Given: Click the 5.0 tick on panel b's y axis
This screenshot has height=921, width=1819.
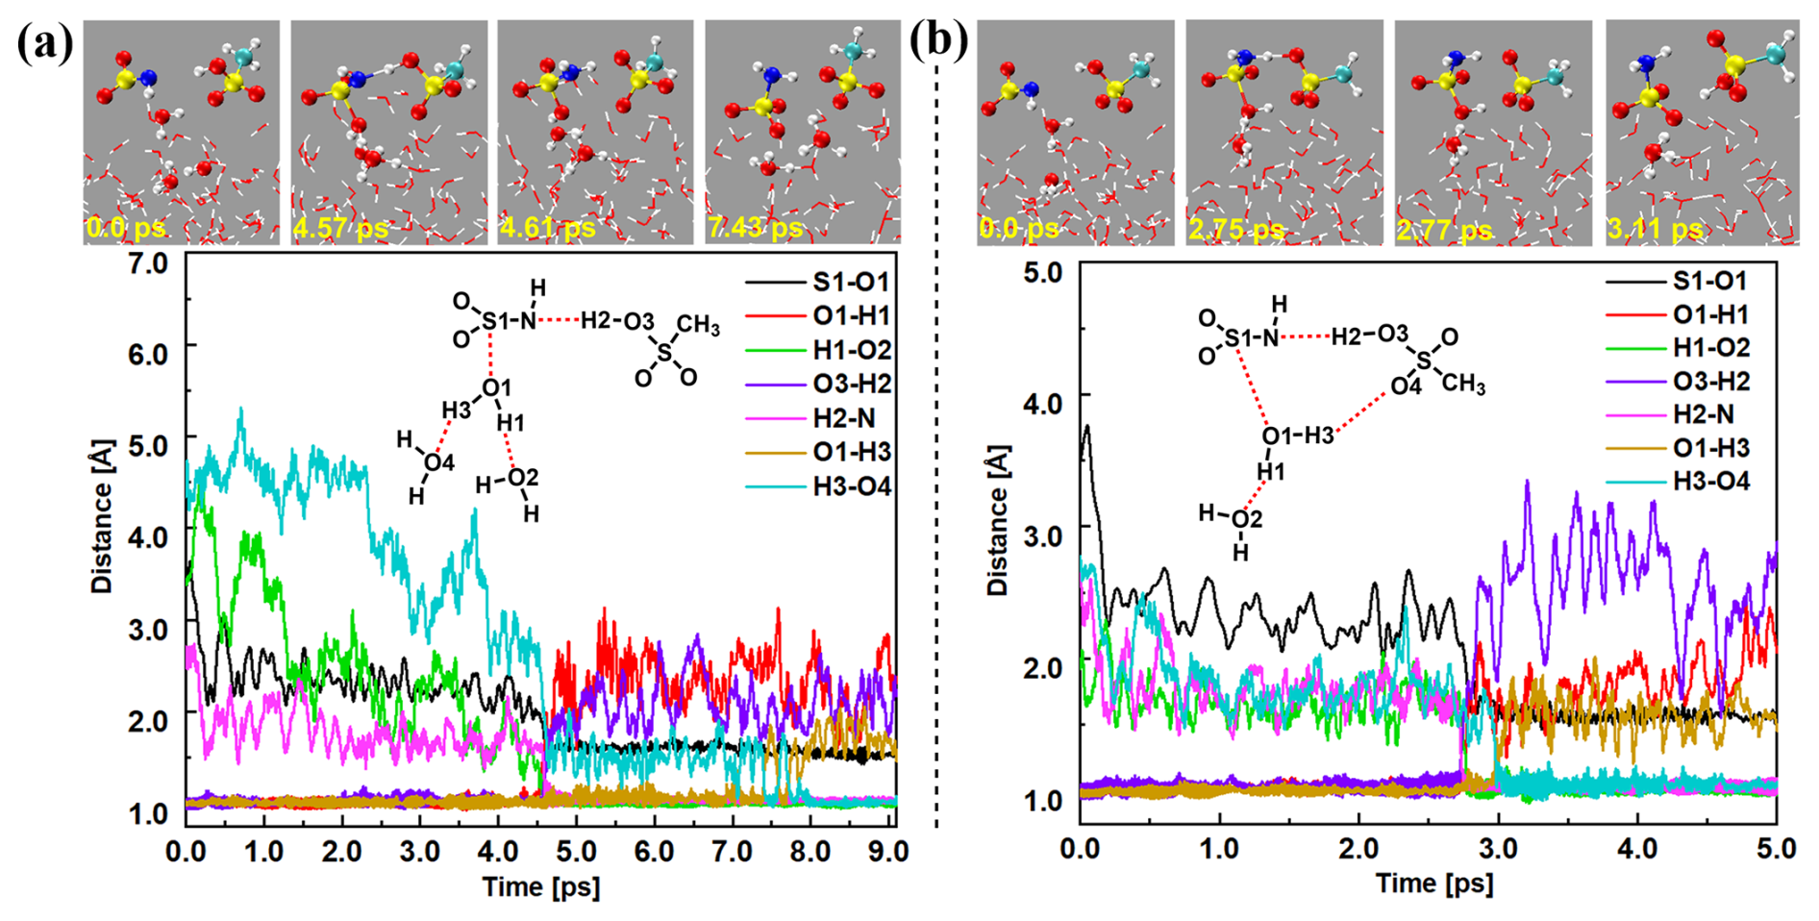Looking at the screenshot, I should pyautogui.click(x=1042, y=273).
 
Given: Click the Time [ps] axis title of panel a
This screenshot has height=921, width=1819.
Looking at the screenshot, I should pyautogui.click(x=540, y=886).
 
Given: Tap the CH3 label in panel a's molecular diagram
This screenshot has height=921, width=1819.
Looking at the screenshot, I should pyautogui.click(x=698, y=326).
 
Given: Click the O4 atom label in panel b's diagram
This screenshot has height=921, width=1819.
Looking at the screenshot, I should pyautogui.click(x=1405, y=386).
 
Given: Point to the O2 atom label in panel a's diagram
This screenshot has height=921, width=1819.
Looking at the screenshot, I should pyautogui.click(x=523, y=478).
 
